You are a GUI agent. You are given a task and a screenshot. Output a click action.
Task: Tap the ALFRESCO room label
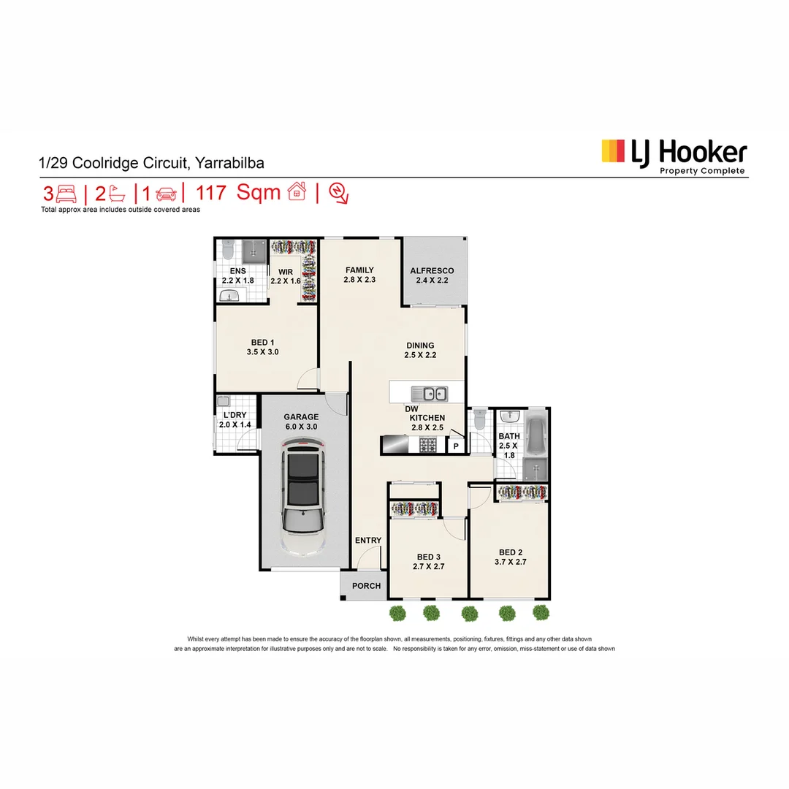[x=431, y=270]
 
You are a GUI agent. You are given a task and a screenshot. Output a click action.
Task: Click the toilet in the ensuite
[x=227, y=251]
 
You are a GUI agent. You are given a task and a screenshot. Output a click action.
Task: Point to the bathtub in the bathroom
[x=536, y=435]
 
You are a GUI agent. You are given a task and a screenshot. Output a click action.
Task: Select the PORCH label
[x=367, y=585]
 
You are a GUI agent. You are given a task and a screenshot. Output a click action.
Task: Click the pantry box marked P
[x=456, y=446]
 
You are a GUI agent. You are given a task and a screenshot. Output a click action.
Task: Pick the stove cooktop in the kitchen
[x=428, y=444]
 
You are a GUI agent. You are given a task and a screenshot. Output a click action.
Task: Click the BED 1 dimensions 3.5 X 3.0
[x=263, y=352]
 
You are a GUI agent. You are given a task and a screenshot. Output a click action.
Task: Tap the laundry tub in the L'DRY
[x=224, y=402]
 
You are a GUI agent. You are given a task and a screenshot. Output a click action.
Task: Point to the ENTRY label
[x=368, y=541]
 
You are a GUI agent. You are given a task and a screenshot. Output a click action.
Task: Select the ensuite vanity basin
[x=230, y=296]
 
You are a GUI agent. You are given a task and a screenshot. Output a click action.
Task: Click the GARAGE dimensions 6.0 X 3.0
[x=302, y=427]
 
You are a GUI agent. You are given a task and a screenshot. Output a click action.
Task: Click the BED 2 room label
[x=511, y=552]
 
